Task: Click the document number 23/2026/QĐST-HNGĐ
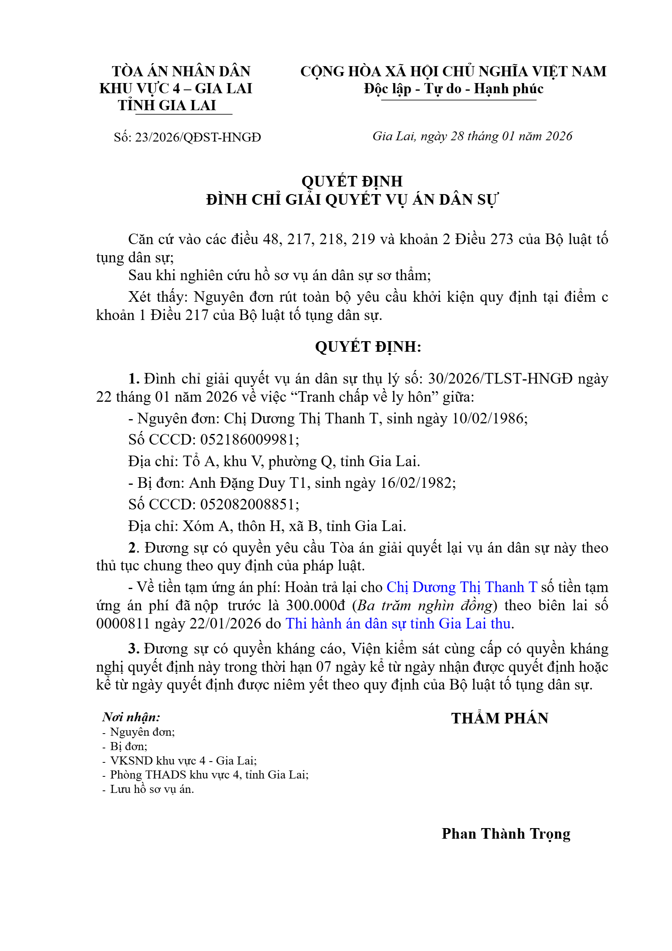198,137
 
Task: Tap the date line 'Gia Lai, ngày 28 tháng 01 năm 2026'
472,136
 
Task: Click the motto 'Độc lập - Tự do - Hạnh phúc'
453,89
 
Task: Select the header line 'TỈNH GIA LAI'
167,105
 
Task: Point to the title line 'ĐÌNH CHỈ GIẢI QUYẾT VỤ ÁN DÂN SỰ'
352,200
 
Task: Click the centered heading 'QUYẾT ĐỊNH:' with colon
368,347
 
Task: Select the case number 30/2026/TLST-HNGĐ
500,378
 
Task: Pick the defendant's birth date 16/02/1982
417,483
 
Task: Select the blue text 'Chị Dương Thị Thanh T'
462,587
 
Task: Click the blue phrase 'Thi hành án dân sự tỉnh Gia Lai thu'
398,623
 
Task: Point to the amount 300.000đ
316,605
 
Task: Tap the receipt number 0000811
123,623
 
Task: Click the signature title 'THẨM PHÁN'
500,718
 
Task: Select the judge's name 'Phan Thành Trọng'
506,834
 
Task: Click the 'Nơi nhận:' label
131,717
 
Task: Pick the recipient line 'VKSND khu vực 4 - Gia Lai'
183,760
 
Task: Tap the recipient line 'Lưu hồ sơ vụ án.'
152,789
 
